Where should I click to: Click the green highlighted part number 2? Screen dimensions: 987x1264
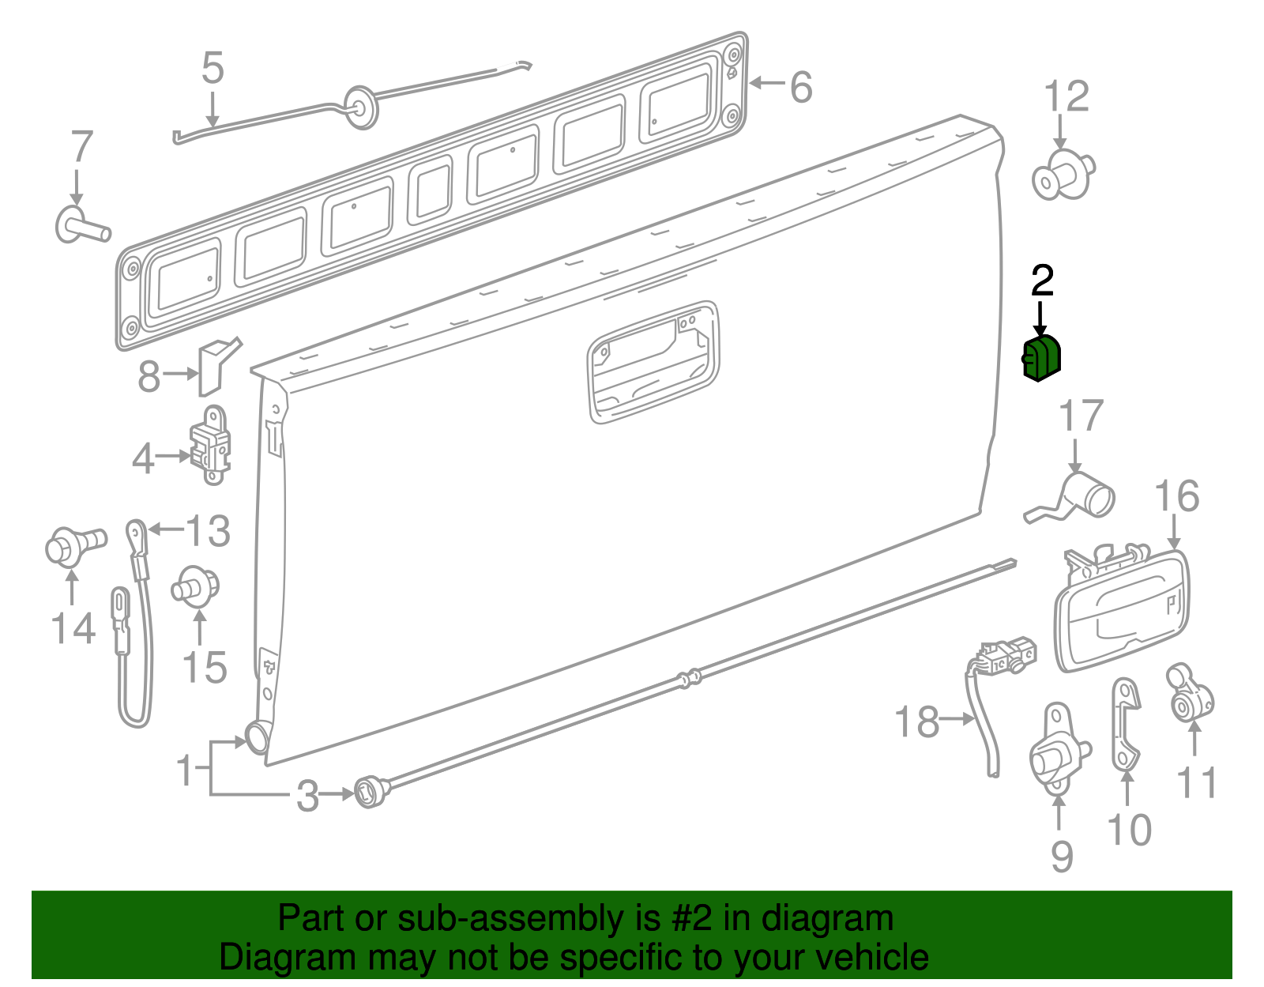1042,358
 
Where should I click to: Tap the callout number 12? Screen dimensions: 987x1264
1066,96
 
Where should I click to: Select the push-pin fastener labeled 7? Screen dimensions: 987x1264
80,224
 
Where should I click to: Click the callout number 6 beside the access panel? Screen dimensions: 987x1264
800,86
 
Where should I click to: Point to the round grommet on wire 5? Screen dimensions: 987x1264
361,107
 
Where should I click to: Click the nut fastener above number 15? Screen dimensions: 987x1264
195,586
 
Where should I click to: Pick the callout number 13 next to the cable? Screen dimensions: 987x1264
208,531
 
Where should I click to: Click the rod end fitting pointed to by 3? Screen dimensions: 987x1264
369,791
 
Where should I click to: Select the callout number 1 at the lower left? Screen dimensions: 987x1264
185,769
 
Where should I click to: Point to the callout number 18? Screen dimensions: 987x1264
916,721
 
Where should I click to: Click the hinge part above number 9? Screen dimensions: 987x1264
1056,748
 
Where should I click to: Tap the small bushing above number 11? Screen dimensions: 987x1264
1190,693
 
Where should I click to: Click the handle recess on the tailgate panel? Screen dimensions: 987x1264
653,362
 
